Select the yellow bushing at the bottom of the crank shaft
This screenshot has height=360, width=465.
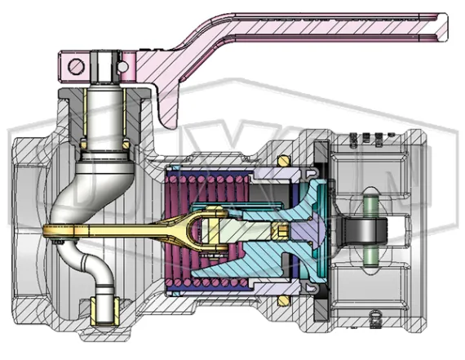(x=104, y=309)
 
